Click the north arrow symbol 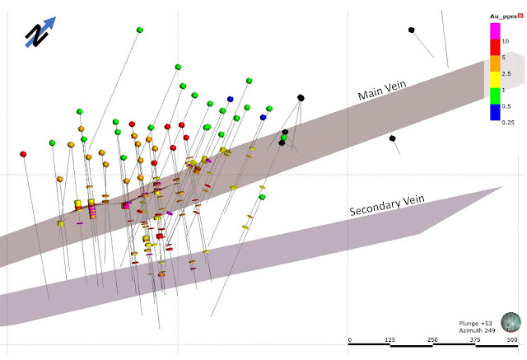tap(40, 33)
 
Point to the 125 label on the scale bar tap(391, 339)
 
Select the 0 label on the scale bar tap(350, 339)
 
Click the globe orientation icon tap(511, 321)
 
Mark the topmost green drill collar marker tap(140, 30)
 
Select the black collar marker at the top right tap(411, 30)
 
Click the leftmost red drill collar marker tap(23, 153)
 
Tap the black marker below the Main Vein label tap(394, 138)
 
